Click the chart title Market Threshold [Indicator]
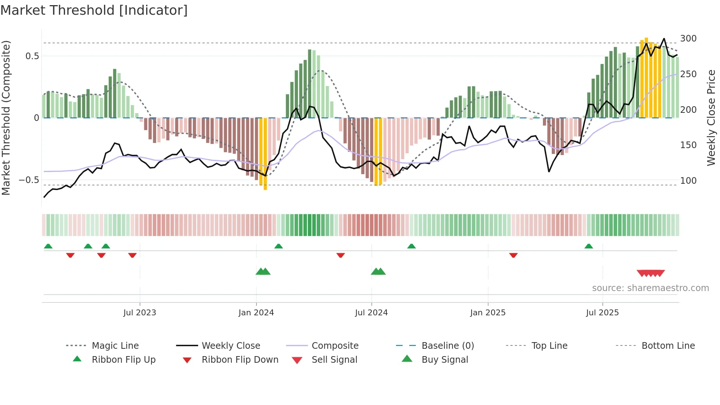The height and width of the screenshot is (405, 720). click(94, 10)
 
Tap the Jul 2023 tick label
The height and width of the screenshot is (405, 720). click(140, 312)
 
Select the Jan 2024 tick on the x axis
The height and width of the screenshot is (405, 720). click(256, 312)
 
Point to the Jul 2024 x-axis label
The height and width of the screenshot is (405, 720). click(371, 312)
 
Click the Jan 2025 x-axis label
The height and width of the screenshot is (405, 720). click(488, 312)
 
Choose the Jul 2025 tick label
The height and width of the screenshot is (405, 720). click(602, 312)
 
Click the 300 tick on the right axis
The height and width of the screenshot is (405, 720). click(688, 39)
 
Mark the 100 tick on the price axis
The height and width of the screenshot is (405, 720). click(688, 181)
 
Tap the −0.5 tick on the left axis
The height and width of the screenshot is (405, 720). click(29, 180)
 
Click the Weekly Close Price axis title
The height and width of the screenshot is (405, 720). click(711, 118)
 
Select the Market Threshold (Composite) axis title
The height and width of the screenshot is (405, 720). click(6, 118)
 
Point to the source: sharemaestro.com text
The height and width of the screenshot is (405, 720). click(650, 288)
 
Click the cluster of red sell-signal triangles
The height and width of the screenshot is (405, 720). click(651, 273)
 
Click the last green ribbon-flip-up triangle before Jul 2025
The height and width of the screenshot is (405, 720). click(588, 246)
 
